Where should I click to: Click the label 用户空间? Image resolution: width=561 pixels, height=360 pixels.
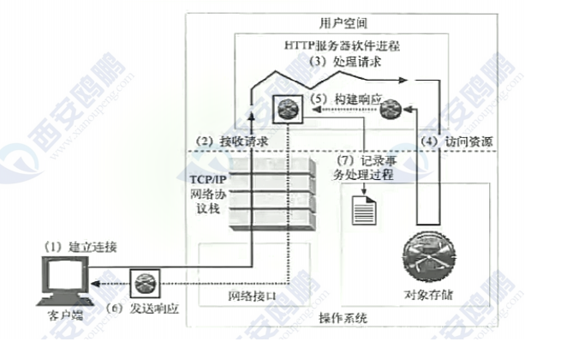pos(340,20)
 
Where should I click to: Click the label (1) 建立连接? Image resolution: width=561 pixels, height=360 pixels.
pos(81,247)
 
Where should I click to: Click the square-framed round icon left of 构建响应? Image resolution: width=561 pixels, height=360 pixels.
pos(285,110)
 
